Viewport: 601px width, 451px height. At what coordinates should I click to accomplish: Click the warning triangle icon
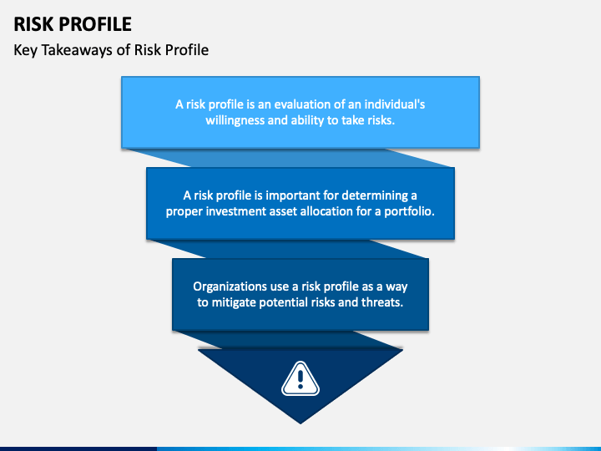300,379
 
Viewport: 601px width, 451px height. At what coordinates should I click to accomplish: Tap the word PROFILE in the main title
96,24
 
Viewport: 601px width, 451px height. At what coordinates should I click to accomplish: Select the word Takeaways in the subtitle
78,50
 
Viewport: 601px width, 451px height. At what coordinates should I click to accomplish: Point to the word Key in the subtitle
25,50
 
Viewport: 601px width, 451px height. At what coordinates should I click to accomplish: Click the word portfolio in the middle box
409,211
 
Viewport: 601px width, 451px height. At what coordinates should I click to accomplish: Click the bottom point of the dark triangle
300,423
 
